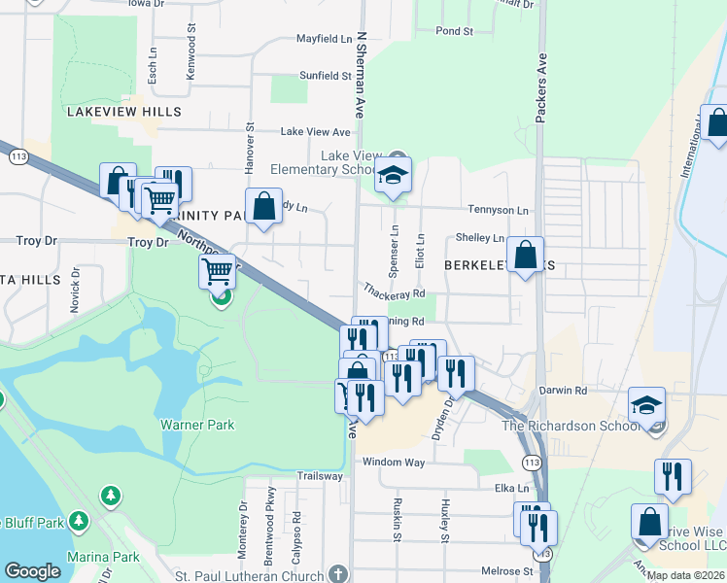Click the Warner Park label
pyautogui.click(x=197, y=425)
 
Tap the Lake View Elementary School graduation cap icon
pyautogui.click(x=393, y=176)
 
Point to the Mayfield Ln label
pyautogui.click(x=324, y=40)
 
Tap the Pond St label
pyautogui.click(x=454, y=31)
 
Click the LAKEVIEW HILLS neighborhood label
pyautogui.click(x=123, y=112)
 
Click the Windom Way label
pyautogui.click(x=394, y=463)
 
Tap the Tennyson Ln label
pyautogui.click(x=498, y=210)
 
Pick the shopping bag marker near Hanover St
pyautogui.click(x=263, y=206)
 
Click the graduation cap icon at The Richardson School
pyautogui.click(x=646, y=405)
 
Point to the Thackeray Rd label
pyautogui.click(x=395, y=291)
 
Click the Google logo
pyautogui.click(x=32, y=571)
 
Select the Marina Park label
pyautogui.click(x=104, y=557)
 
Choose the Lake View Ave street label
pyautogui.click(x=315, y=131)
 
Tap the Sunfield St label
pyautogui.click(x=325, y=75)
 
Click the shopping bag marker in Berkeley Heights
pyautogui.click(x=525, y=256)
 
